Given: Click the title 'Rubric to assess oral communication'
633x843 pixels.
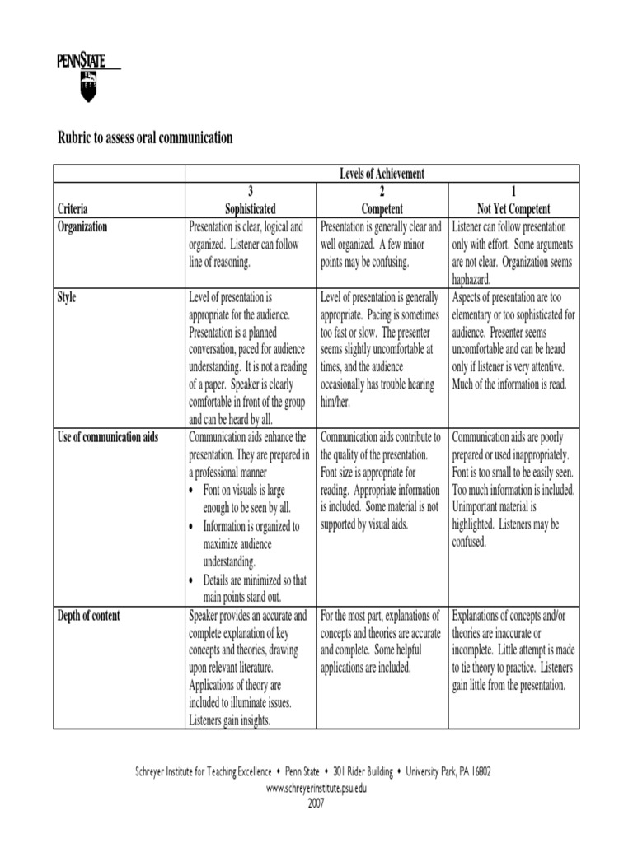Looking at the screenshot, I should point(144,137).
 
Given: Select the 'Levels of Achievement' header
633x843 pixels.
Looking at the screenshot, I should point(382,173).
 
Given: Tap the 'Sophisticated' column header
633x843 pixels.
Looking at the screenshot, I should point(251,209).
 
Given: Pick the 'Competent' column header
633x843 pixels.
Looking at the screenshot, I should point(382,209).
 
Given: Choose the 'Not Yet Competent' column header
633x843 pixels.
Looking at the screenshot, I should point(513,209).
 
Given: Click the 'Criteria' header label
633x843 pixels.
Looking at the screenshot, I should point(73,209).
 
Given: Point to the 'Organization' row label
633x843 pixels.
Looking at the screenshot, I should point(82,226).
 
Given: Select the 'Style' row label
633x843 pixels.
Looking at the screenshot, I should point(67,297).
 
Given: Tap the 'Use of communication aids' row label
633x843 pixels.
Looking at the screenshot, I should point(108,437).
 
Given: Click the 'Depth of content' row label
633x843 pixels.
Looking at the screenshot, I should point(88,615).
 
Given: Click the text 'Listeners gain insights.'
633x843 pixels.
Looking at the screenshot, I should point(230,721).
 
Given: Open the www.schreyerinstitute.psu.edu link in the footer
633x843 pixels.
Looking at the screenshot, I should point(316,788).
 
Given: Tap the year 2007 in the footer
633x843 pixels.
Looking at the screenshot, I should point(316,803).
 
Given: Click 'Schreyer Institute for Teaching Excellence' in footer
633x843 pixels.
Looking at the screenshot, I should point(203,772).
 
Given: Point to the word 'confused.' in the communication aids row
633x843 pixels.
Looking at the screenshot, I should point(469,542).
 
